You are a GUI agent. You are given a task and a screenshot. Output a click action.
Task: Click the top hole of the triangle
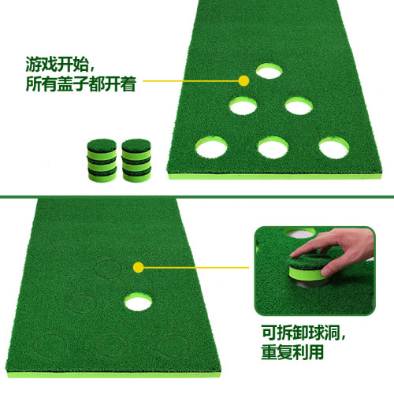(269, 72)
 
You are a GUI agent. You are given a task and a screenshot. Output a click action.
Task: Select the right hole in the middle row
(300, 105)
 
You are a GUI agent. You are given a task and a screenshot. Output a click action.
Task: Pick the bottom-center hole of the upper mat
(270, 147)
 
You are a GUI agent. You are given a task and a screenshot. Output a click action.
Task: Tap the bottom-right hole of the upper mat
(333, 146)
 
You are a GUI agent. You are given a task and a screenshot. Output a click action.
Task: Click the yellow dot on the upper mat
(244, 80)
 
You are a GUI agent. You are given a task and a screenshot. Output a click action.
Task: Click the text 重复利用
(293, 352)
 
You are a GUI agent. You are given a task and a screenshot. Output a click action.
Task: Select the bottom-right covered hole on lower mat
(172, 344)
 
